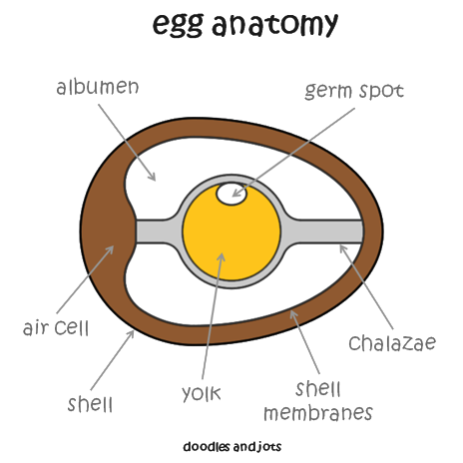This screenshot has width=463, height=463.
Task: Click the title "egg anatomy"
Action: click(245, 24)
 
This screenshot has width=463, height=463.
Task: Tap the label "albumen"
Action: click(98, 87)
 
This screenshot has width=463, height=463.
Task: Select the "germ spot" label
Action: click(354, 91)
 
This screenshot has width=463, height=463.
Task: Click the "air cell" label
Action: click(56, 327)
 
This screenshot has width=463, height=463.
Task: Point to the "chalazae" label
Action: click(392, 342)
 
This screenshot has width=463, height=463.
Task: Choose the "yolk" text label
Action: click(202, 393)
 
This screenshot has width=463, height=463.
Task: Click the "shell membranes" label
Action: click(318, 401)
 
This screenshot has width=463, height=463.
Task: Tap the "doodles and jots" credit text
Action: click(232, 446)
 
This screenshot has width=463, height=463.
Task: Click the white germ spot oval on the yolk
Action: click(231, 194)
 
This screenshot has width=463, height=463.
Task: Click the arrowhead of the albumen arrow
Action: click(153, 178)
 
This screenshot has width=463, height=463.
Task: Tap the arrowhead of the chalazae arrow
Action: click(342, 248)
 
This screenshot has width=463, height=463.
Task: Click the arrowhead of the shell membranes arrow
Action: click(293, 314)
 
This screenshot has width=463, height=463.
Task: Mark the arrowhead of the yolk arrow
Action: click(222, 256)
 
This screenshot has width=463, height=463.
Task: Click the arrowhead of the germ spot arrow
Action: click(236, 194)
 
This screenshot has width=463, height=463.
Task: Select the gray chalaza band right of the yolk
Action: click(327, 231)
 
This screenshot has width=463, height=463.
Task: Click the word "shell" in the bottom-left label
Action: click(90, 404)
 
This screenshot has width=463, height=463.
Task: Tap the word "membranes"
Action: click(318, 413)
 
